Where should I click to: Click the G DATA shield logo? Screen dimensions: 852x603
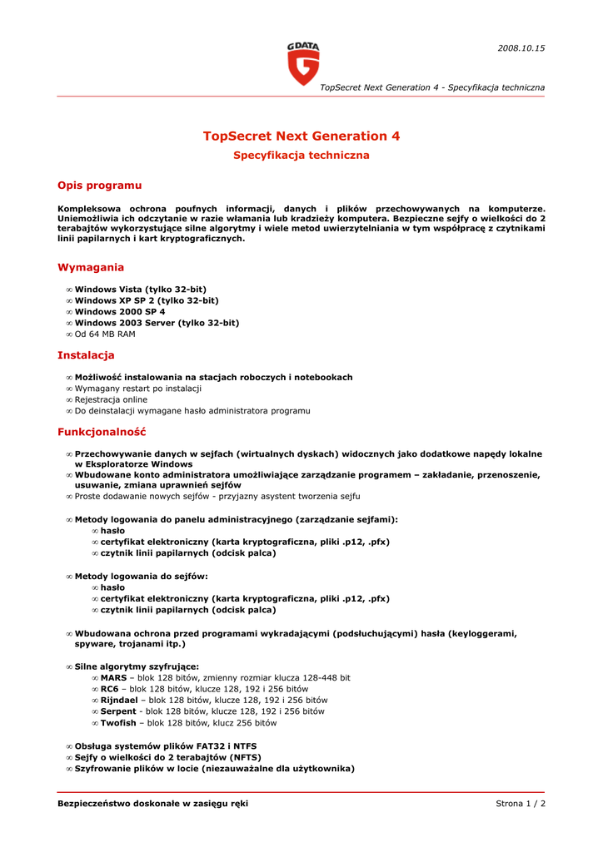pyautogui.click(x=303, y=64)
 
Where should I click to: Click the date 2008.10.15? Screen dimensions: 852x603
pyautogui.click(x=521, y=48)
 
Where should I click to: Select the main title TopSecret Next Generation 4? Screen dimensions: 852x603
pyautogui.click(x=301, y=136)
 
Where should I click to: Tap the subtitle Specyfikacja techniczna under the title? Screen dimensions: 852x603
pyautogui.click(x=301, y=156)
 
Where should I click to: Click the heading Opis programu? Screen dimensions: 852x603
pyautogui.click(x=99, y=186)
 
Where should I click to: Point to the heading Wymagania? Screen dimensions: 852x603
pyautogui.click(x=91, y=268)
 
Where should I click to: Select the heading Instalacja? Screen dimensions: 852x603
pyautogui.click(x=86, y=355)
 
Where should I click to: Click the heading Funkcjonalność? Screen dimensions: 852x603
pyautogui.click(x=102, y=433)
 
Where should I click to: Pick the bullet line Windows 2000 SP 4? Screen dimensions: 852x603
pyautogui.click(x=120, y=312)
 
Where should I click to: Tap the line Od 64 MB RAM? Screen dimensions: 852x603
pyautogui.click(x=105, y=334)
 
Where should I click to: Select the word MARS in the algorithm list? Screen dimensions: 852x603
pyautogui.click(x=114, y=678)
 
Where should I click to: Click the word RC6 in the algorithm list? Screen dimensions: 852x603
pyautogui.click(x=110, y=689)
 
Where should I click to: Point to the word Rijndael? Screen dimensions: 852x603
pyautogui.click(x=119, y=701)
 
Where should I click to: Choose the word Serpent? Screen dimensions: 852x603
pyautogui.click(x=118, y=711)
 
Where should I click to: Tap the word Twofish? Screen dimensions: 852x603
pyautogui.click(x=118, y=723)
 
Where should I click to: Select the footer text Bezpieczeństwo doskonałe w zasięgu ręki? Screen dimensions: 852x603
pyautogui.click(x=152, y=804)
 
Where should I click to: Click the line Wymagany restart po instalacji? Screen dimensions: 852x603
pyautogui.click(x=138, y=389)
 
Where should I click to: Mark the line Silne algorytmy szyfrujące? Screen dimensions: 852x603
pyautogui.click(x=137, y=666)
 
